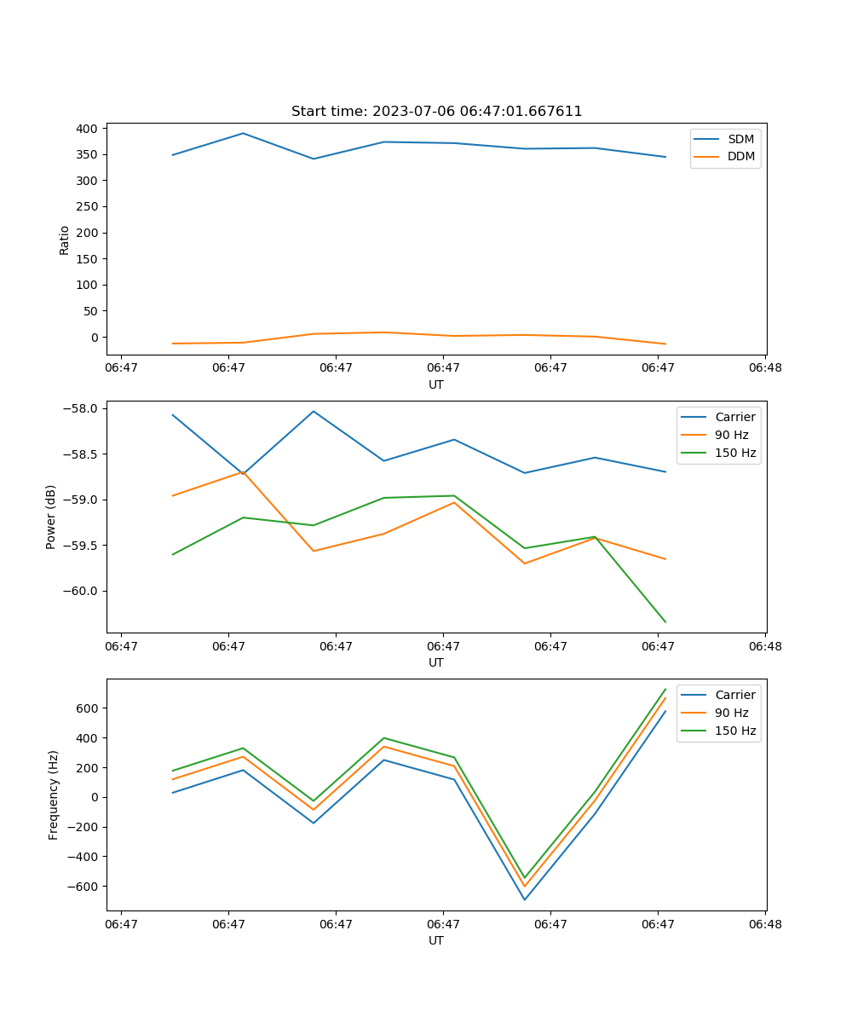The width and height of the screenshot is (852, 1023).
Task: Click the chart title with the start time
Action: pos(436,112)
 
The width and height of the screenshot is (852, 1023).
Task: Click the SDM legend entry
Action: pos(740,139)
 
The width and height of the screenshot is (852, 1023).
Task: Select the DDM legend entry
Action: pos(740,156)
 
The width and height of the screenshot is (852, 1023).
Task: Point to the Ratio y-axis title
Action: pos(65,240)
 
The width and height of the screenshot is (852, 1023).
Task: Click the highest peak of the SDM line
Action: pos(243,133)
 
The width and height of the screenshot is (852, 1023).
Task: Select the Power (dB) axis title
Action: pos(51,517)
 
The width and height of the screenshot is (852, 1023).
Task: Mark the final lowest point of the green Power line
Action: pos(665,622)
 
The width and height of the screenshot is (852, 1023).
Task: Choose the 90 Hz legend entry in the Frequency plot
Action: pos(731,713)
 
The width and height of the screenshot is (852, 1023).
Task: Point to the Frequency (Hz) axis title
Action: pos(54,795)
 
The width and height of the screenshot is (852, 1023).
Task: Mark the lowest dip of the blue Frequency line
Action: pos(525,899)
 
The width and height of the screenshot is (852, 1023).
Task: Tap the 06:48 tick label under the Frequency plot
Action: pos(764,923)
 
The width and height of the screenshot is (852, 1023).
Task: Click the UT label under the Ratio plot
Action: pos(436,384)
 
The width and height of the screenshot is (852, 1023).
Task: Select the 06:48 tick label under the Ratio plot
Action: pos(764,367)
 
